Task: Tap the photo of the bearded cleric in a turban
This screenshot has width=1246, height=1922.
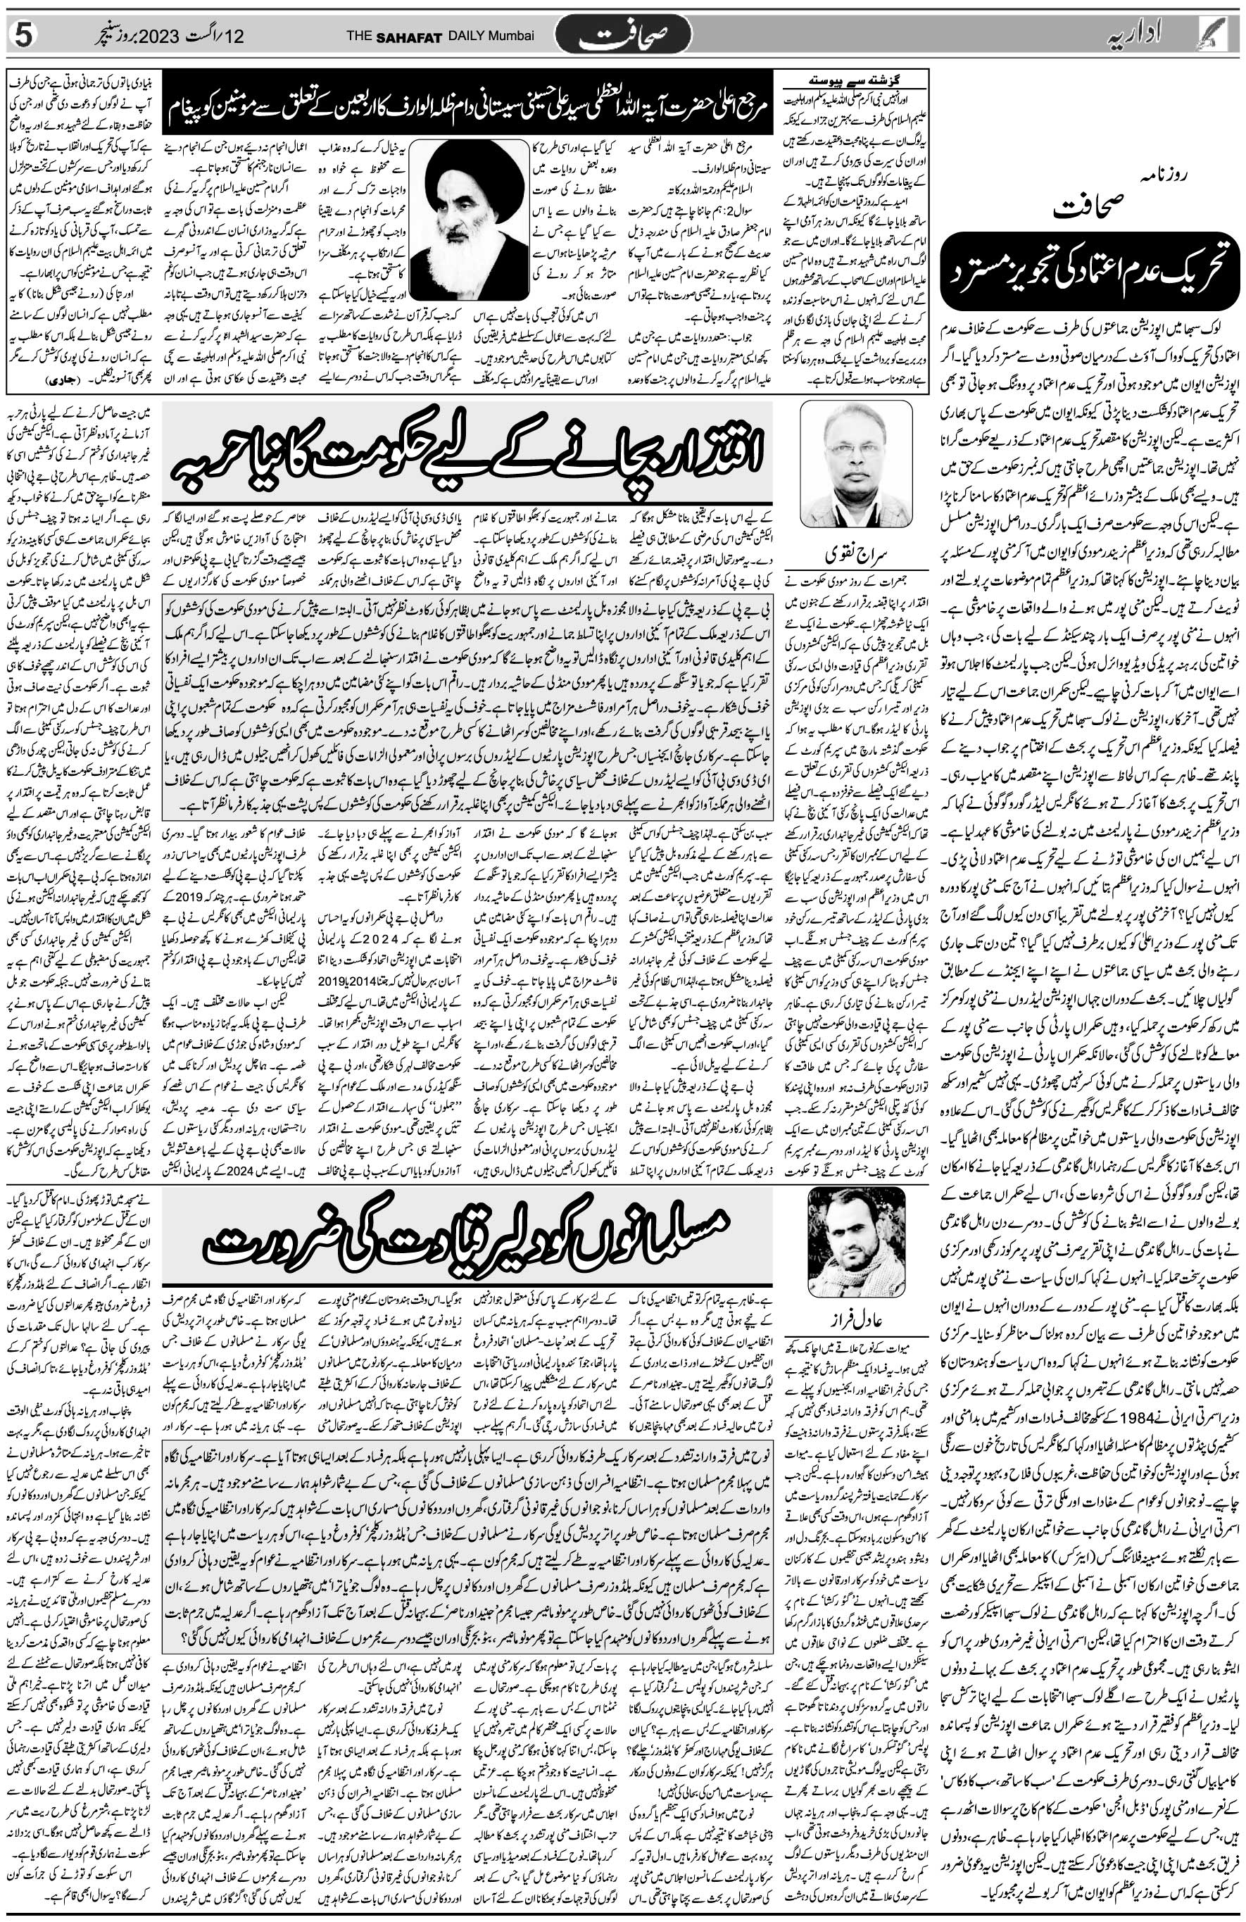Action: (x=468, y=219)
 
